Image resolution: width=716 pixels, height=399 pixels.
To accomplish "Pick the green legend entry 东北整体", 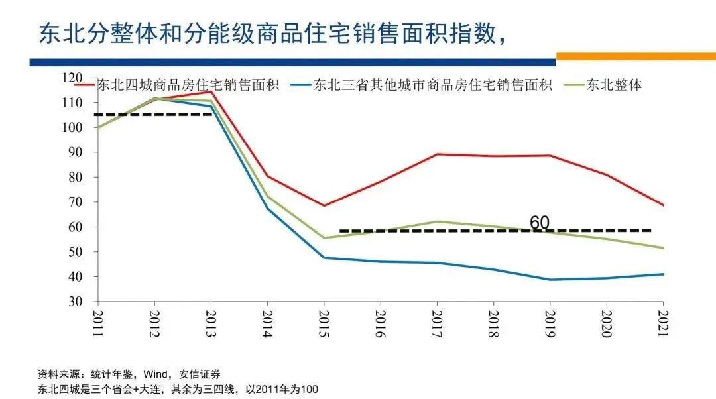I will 614,85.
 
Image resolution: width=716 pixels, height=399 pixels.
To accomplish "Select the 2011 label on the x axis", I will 98,324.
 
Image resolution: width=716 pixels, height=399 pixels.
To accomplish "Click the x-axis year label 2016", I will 381,324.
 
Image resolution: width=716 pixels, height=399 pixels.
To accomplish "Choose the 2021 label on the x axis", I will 662,324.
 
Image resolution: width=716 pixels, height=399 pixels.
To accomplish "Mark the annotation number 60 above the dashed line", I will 540,223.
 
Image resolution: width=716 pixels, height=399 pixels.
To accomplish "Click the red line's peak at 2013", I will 211,91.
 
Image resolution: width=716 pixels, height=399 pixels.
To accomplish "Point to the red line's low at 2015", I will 324,205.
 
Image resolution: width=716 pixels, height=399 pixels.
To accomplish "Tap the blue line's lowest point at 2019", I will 550,280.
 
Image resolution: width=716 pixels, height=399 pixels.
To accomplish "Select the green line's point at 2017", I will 437,221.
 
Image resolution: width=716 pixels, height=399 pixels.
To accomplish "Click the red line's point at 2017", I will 437,154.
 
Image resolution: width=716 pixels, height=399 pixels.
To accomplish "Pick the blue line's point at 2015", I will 324,258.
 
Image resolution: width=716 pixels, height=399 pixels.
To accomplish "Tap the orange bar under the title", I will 635,56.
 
